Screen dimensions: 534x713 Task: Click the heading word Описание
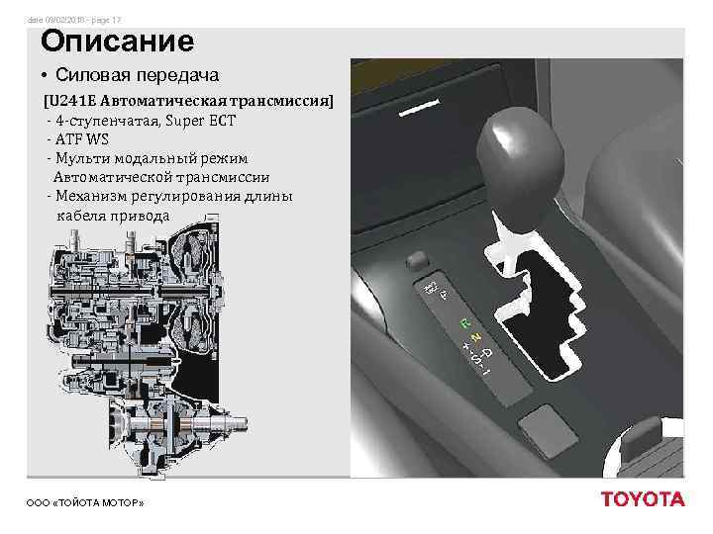pyautogui.click(x=117, y=42)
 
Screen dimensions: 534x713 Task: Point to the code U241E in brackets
pyautogui.click(x=71, y=102)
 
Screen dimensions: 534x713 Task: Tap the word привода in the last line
pyautogui.click(x=140, y=215)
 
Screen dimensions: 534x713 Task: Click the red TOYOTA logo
pyautogui.click(x=643, y=499)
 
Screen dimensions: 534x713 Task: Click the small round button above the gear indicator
pyautogui.click(x=414, y=261)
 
